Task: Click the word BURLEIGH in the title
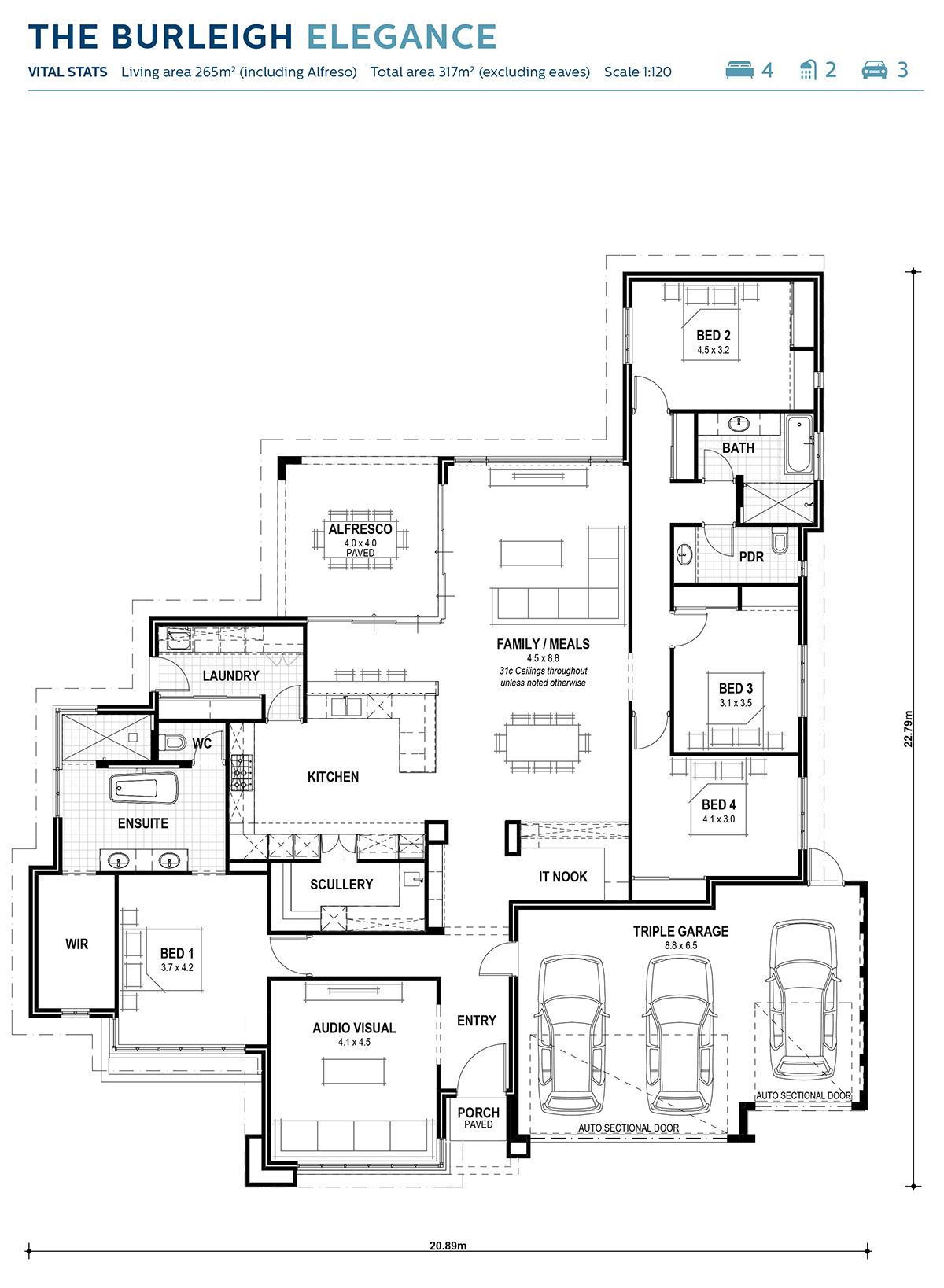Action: (202, 37)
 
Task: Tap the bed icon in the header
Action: (739, 70)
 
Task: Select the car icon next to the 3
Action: (874, 70)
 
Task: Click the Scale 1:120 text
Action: (637, 72)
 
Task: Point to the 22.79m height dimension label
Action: (909, 729)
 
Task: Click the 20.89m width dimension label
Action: (448, 1246)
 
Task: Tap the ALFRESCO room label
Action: (360, 529)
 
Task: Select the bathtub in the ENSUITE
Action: (143, 788)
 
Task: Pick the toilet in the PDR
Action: (780, 542)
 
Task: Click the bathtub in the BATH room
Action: (798, 445)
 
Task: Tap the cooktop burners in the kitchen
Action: (241, 772)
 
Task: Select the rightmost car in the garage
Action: (802, 999)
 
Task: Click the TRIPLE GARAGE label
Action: (680, 931)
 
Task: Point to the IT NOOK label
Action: (562, 877)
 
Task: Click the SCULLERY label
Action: (341, 885)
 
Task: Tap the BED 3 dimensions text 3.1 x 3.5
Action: (736, 703)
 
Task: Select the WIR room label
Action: (77, 944)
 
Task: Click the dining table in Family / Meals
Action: (543, 743)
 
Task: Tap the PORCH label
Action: (478, 1113)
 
